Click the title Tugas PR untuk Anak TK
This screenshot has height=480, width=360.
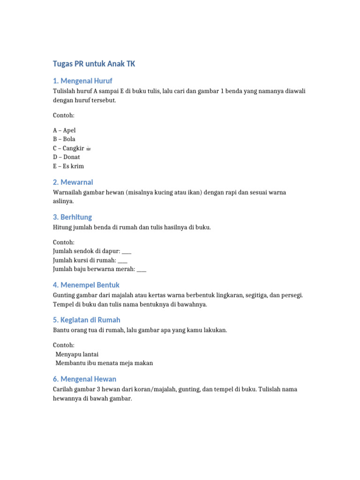click(94, 64)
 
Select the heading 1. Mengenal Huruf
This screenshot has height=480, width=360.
click(82, 81)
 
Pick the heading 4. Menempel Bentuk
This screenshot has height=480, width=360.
click(86, 285)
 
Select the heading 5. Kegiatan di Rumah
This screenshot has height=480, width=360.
click(87, 320)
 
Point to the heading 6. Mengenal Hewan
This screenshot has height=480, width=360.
click(85, 379)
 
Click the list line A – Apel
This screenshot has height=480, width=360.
click(64, 130)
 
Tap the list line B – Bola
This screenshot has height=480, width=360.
click(64, 139)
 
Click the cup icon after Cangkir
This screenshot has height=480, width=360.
click(89, 148)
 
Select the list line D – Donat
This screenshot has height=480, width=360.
click(67, 157)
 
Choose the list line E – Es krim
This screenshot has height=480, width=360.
click(68, 166)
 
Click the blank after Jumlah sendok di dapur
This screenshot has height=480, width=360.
click(127, 252)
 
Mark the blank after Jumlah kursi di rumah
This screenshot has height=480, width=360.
click(122, 261)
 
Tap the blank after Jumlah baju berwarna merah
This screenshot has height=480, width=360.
click(142, 270)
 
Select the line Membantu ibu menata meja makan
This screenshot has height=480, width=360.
click(104, 363)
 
